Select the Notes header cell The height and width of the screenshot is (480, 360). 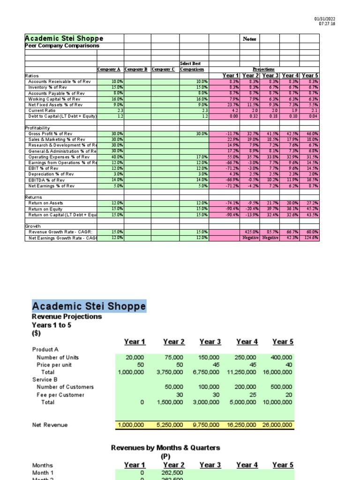click(249, 39)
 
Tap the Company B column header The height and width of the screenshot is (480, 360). click(135, 69)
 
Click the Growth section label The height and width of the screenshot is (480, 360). click(33, 226)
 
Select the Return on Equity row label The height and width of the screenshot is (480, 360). click(45, 209)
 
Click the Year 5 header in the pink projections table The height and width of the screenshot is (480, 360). click(310, 75)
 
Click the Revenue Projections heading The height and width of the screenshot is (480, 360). click(67, 316)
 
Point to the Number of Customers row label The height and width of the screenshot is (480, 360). click(65, 387)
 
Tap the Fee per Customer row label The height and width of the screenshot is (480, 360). click(60, 395)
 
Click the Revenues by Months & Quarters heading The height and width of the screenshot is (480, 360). click(165, 448)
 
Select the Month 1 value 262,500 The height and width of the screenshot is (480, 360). click(174, 473)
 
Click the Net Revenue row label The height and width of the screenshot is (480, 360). click(50, 425)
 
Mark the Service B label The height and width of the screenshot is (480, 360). click(46, 379)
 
